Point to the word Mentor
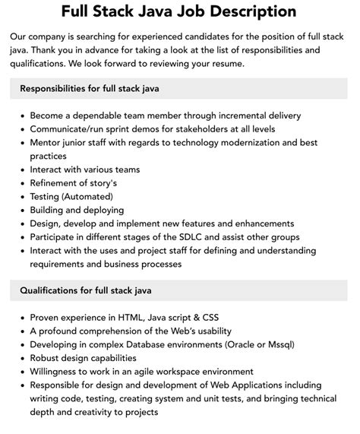[47, 143]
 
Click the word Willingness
[58, 372]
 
